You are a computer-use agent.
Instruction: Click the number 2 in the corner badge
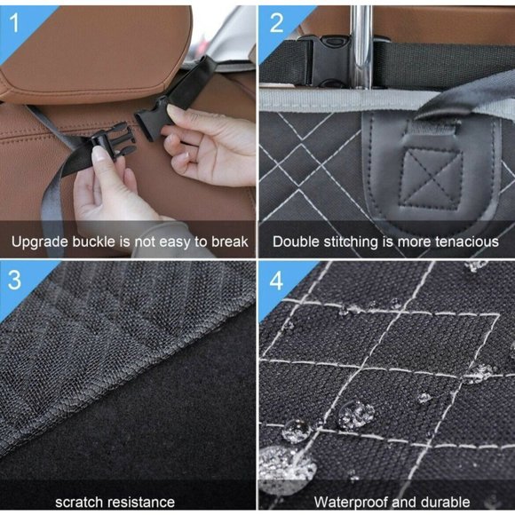(x=276, y=22)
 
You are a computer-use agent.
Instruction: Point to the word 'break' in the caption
(x=228, y=242)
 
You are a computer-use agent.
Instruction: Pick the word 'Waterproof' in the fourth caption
(x=348, y=502)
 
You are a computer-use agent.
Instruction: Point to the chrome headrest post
(x=361, y=44)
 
